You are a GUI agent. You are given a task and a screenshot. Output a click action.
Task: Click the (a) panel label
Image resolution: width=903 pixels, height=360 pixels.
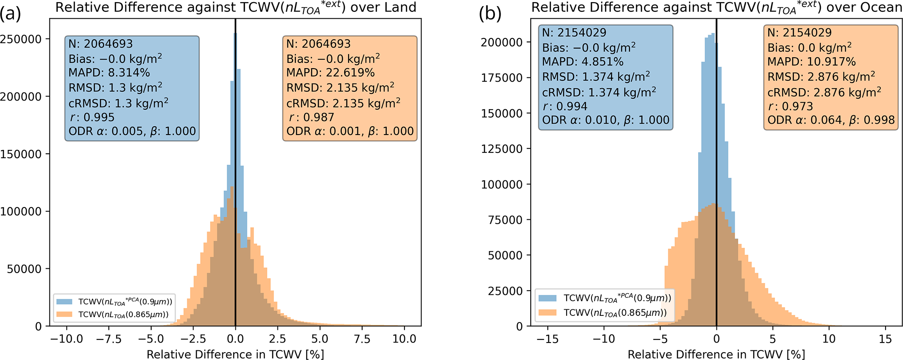click(10, 14)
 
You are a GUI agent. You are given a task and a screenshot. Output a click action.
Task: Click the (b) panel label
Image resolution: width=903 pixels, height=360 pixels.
click(490, 14)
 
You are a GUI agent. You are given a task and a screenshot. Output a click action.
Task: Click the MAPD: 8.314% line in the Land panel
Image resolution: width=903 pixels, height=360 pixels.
click(109, 73)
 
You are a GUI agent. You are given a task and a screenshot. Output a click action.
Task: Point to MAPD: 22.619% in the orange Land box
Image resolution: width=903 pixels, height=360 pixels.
click(330, 73)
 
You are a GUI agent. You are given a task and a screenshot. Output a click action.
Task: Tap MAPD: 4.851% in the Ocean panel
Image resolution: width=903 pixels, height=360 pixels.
click(583, 62)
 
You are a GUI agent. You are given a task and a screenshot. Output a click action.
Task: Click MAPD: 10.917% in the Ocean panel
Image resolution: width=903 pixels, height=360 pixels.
click(811, 62)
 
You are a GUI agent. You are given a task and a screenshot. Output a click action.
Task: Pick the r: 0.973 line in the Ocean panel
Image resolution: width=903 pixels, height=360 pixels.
click(790, 106)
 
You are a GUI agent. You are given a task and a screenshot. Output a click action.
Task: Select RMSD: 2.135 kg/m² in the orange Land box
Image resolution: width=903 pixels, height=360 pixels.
click(340, 87)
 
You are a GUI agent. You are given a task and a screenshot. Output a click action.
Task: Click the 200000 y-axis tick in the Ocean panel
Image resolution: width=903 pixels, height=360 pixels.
click(502, 42)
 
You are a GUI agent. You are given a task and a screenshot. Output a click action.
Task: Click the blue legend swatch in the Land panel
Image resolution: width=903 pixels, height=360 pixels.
click(65, 301)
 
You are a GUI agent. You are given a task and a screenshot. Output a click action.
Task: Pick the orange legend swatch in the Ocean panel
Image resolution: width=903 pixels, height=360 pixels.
click(547, 312)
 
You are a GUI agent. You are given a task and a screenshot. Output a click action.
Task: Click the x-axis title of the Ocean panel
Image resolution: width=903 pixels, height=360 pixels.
click(716, 354)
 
